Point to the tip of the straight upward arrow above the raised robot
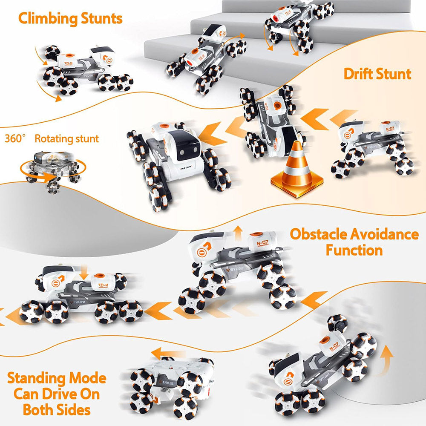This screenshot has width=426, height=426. point(238,226)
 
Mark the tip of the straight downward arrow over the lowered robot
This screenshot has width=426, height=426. point(84,279)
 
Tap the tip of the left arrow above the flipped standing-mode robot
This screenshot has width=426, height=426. point(152,353)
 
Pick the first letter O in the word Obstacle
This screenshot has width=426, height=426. point(296,234)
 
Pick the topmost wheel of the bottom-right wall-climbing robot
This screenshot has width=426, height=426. point(337,323)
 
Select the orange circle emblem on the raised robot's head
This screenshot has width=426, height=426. point(201,253)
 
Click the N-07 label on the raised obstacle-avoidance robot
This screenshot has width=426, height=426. point(263,243)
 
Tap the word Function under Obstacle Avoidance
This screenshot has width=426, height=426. point(354,250)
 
